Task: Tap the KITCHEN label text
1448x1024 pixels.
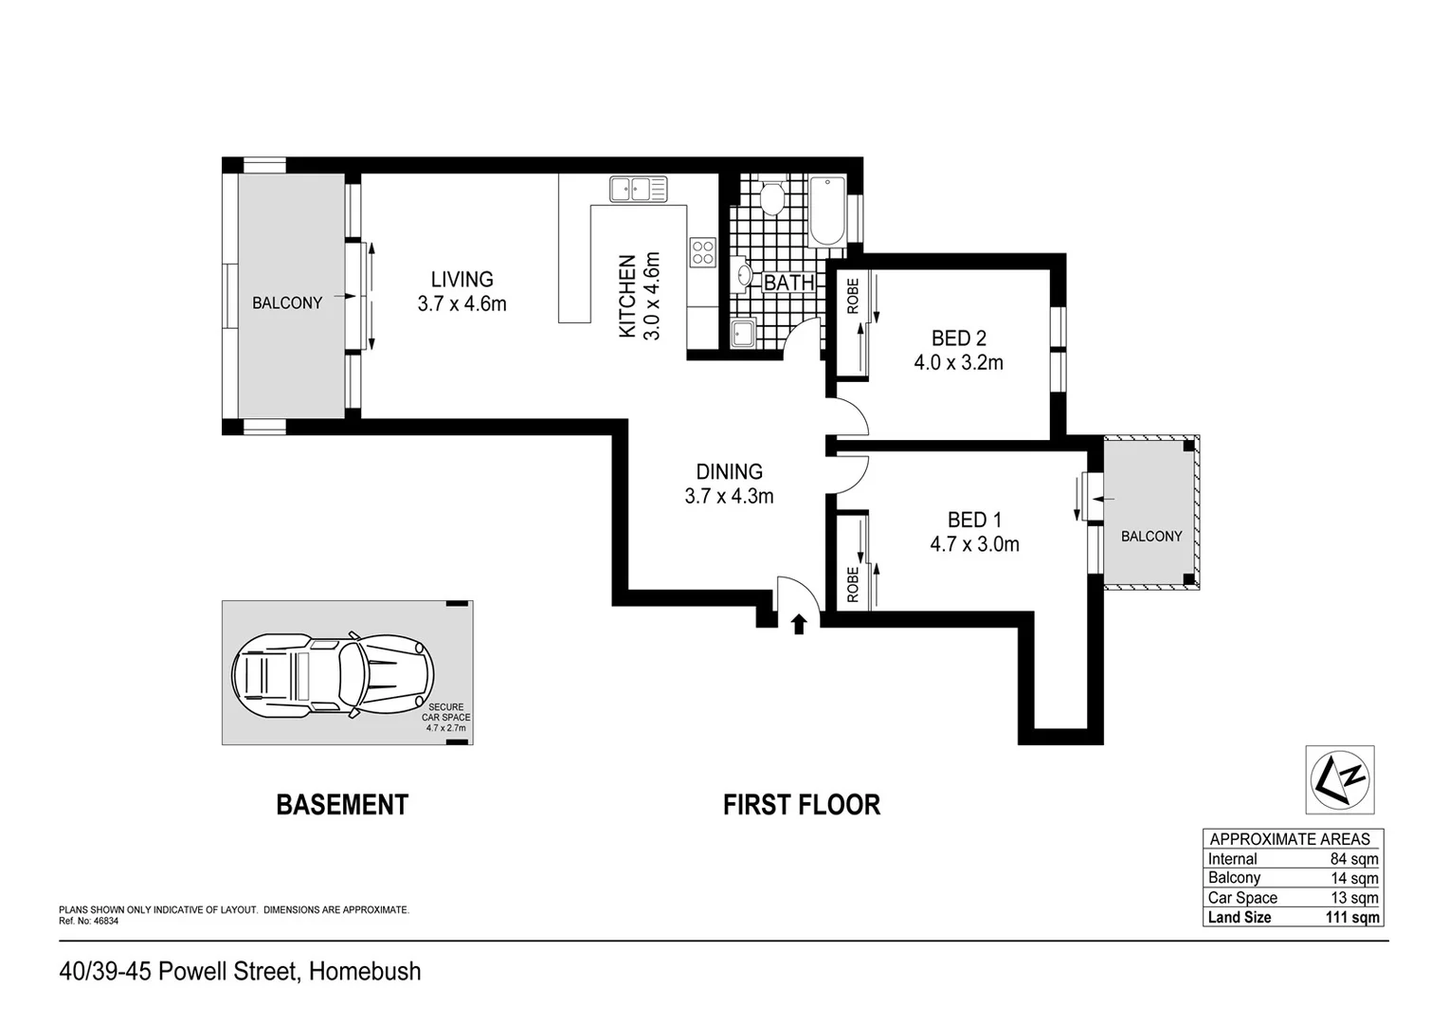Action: [x=626, y=296]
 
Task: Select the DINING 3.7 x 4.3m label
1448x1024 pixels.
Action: [x=729, y=484]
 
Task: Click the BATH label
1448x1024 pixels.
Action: [x=788, y=283]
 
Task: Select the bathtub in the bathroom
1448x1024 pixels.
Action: [x=826, y=214]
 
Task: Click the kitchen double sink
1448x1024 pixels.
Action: [x=638, y=189]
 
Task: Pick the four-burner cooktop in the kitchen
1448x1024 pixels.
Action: [x=702, y=251]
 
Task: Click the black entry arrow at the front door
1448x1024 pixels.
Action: [x=798, y=623]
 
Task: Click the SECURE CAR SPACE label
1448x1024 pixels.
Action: [x=445, y=712]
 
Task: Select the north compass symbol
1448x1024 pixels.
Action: [x=1339, y=778]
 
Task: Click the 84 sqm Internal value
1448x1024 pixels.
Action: [x=1353, y=859]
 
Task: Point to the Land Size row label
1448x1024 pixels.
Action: [x=1240, y=918]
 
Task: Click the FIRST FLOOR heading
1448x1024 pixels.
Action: [x=801, y=805]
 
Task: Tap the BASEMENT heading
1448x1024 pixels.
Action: [x=341, y=805]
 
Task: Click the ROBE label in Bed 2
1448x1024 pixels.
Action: [x=852, y=296]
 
